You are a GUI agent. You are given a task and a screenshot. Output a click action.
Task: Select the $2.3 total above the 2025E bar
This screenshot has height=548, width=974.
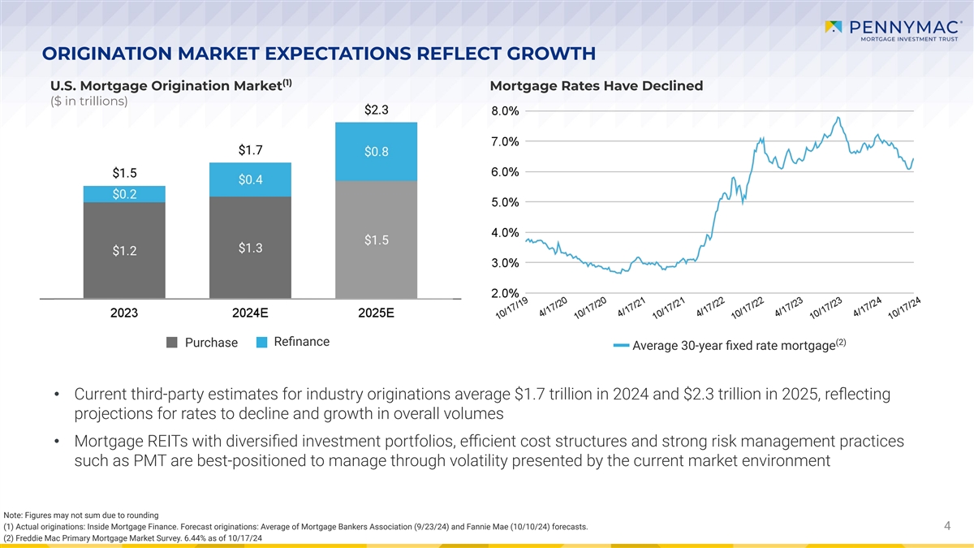point(377,110)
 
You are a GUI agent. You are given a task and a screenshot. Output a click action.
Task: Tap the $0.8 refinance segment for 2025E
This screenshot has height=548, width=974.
point(377,152)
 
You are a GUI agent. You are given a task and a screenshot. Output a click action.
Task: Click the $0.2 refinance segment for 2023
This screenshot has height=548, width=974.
point(124,193)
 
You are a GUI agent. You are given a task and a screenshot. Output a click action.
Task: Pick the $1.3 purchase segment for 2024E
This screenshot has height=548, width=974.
point(250,247)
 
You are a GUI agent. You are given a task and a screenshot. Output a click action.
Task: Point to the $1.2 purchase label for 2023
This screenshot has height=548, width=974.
point(124,250)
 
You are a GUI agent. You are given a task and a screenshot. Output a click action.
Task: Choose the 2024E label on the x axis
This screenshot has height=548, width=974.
point(250,313)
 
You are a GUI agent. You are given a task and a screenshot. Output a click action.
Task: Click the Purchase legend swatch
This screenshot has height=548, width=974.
point(172,343)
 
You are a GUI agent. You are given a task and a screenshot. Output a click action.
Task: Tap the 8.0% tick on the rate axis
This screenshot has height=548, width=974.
point(506,111)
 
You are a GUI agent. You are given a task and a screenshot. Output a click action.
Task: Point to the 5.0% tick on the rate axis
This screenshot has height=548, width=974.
point(506,202)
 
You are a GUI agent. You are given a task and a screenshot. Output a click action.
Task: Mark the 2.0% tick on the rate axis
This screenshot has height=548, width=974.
point(506,293)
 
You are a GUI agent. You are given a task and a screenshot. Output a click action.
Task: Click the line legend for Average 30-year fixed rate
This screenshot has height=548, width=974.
point(621,347)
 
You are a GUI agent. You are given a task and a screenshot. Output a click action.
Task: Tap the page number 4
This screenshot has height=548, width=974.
point(947,527)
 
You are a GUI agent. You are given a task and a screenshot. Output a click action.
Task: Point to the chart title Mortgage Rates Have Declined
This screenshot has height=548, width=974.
point(597,86)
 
